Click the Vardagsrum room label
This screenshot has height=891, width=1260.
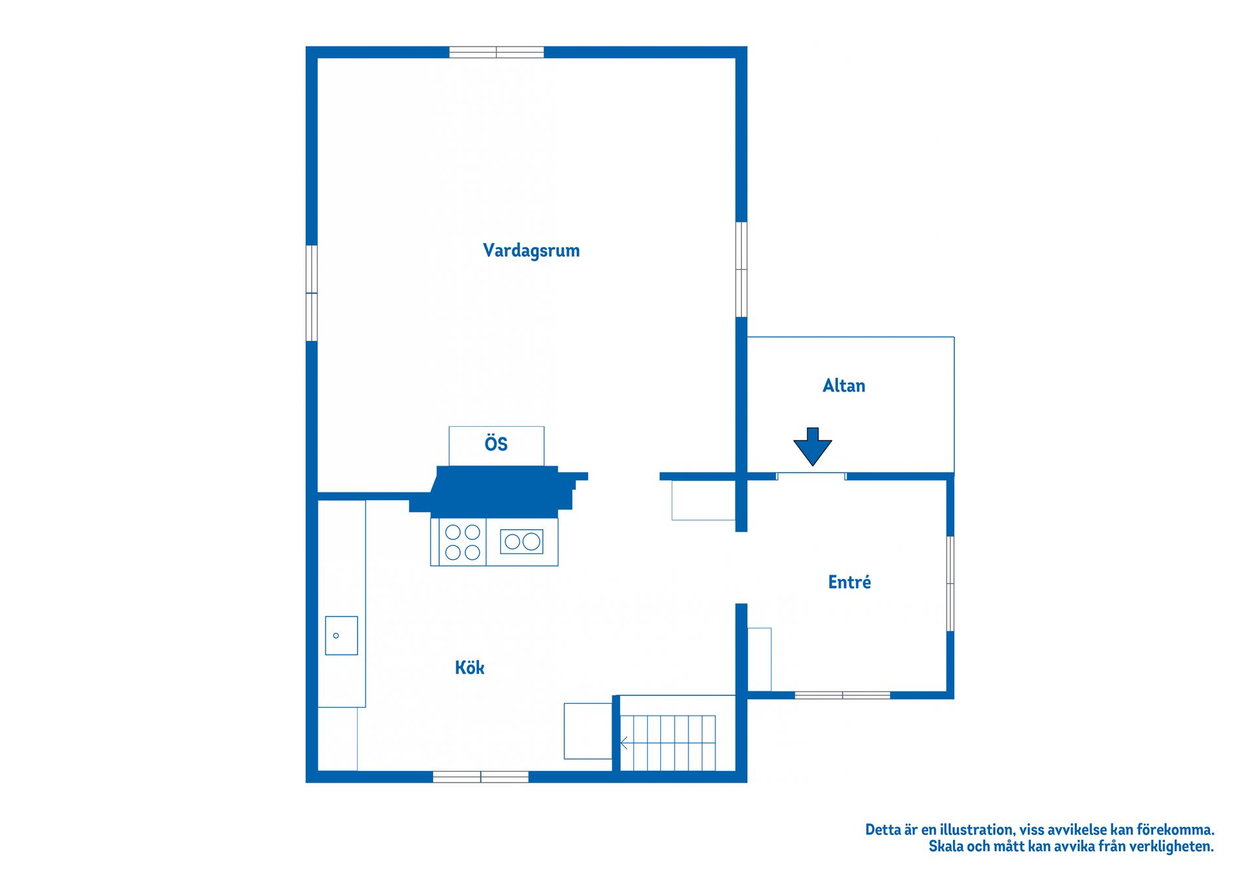click(531, 250)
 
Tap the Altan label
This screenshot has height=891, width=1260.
click(844, 385)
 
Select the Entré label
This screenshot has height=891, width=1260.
click(849, 582)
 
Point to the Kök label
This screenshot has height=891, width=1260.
click(470, 668)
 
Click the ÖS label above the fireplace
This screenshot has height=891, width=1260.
click(496, 443)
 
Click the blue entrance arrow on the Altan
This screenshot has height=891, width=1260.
click(812, 446)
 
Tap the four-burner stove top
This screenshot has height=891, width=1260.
click(463, 542)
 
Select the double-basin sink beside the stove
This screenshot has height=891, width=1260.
click(522, 541)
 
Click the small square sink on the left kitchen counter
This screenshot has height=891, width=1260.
click(341, 636)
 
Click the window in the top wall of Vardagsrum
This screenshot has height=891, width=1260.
click(497, 53)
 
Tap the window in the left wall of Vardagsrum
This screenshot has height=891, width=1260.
click(312, 293)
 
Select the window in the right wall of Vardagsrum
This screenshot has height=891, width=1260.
click(741, 269)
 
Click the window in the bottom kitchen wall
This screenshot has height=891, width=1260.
click(481, 777)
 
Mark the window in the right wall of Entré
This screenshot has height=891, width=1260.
click(950, 584)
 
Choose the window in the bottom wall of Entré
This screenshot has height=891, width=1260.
click(843, 695)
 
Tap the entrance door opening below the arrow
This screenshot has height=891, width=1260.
click(812, 476)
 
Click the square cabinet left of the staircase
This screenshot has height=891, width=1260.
click(588, 731)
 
